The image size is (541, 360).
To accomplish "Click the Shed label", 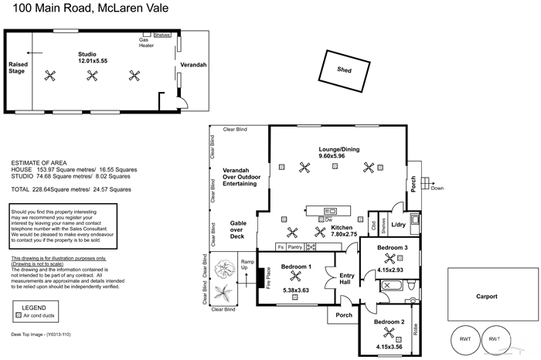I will click(345, 70).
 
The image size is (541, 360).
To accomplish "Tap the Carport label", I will click(486, 295).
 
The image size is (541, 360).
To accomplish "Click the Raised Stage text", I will click(16, 68).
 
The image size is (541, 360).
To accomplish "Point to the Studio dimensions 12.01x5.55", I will click(92, 60).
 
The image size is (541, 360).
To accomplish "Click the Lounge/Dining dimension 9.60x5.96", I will click(337, 155).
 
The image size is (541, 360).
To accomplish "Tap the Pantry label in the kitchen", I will click(294, 247).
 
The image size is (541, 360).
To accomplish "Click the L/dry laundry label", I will click(399, 225).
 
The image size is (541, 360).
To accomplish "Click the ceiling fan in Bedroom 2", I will click(390, 335).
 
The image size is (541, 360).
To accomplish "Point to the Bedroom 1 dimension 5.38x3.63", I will click(296, 290).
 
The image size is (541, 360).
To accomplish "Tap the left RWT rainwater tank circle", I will click(466, 339).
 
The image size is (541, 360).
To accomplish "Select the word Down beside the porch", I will click(437, 188).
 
